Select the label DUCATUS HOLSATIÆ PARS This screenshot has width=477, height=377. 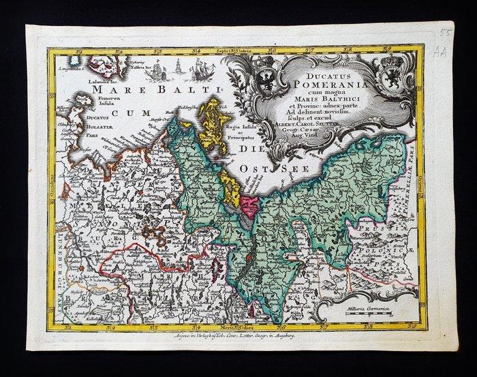click(76, 125)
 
